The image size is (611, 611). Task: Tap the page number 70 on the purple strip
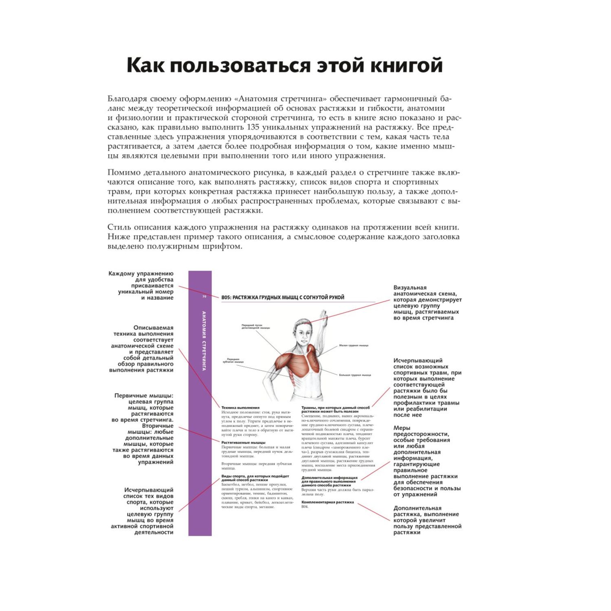pos(204,297)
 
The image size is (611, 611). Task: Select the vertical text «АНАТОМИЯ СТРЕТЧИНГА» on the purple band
pos(204,341)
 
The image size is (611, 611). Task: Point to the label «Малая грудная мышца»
pos(354,345)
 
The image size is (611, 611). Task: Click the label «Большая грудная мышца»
pos(355,375)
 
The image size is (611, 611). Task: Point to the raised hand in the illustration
pos(323,316)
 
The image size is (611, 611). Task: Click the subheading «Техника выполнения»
pos(240,407)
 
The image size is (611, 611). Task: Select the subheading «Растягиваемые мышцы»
pos(243,442)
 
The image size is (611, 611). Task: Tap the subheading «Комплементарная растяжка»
pos(327,502)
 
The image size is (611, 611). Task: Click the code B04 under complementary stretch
pos(305,507)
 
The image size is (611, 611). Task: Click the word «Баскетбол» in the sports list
pos(230,485)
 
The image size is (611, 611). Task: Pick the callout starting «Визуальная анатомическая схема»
pos(427,303)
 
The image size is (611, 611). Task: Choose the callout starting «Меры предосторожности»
pos(426,461)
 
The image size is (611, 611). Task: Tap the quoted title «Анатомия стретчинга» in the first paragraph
pos(281,99)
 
